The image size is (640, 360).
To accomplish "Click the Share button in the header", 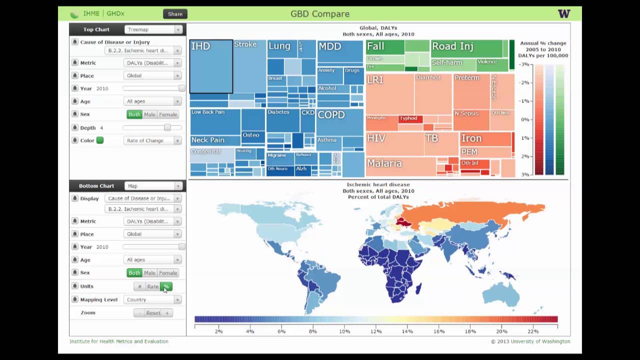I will tap(175, 14).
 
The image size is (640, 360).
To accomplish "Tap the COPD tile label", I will tap(331, 114).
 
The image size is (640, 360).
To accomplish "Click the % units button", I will tap(166, 286).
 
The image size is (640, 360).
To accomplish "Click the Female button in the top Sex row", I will tap(168, 114).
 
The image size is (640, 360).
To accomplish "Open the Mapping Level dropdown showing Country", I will tap(152, 300).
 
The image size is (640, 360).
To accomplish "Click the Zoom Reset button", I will tap(153, 313).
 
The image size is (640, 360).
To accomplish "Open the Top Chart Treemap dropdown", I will tap(152, 30).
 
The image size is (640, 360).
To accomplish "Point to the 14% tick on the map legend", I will tap(407, 331).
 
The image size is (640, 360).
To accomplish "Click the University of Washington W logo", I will tap(563, 14).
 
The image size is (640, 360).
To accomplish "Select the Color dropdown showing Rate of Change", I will tap(152, 141).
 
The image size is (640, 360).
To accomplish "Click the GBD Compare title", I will tap(320, 14).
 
